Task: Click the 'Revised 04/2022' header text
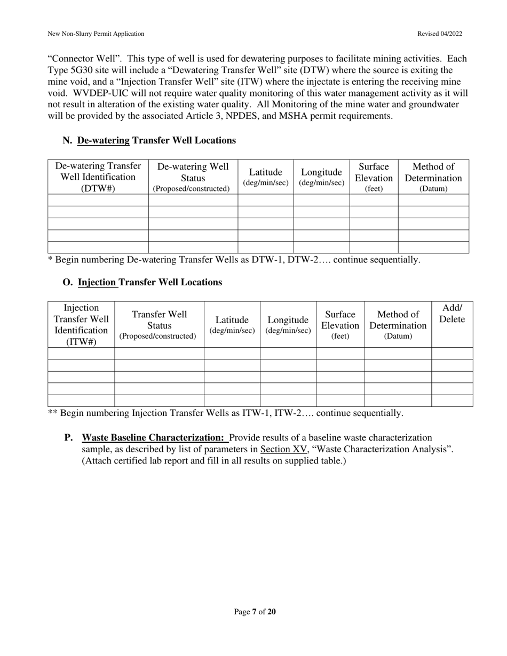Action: (x=439, y=34)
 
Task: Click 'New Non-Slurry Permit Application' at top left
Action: (x=96, y=34)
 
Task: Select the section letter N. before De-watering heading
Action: (x=67, y=140)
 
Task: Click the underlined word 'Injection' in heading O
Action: (x=98, y=282)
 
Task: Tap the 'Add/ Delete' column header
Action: (x=452, y=314)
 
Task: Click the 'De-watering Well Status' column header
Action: (x=193, y=177)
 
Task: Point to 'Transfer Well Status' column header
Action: (x=159, y=325)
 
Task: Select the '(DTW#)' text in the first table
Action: (x=98, y=188)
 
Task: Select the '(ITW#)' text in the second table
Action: (x=81, y=342)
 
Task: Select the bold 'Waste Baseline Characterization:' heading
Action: (x=153, y=438)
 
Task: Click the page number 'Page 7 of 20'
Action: (x=255, y=612)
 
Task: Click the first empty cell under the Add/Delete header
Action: (x=452, y=353)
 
